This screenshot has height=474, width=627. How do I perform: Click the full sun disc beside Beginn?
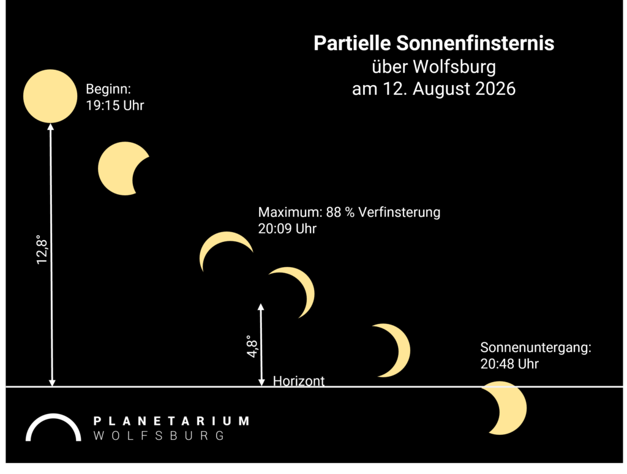click(x=50, y=96)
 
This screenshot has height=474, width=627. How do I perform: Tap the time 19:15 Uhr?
click(x=115, y=105)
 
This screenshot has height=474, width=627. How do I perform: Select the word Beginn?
click(x=108, y=89)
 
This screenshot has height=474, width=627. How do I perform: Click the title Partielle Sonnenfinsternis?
click(x=434, y=43)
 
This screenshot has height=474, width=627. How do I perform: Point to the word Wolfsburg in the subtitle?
click(x=454, y=67)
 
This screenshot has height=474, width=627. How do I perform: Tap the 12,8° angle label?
click(x=42, y=250)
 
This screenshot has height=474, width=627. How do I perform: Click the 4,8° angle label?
click(x=252, y=347)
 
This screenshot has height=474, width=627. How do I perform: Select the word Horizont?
click(x=299, y=381)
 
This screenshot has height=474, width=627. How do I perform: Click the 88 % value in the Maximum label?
click(x=340, y=212)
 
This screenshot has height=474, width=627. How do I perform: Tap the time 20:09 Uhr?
click(x=287, y=229)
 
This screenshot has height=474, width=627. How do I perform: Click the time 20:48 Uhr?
click(x=509, y=364)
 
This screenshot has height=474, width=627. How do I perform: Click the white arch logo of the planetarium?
click(x=53, y=418)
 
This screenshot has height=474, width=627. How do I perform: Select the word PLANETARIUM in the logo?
click(x=171, y=421)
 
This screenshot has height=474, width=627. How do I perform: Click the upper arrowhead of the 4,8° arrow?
click(x=261, y=307)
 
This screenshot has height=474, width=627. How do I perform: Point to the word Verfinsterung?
click(x=399, y=212)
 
